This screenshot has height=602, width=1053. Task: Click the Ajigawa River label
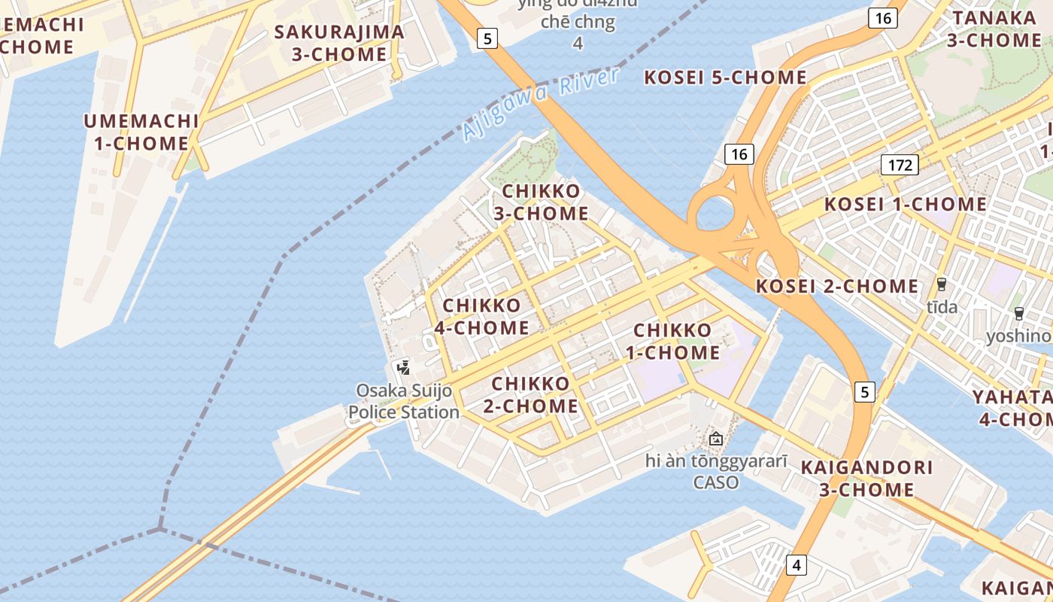pyautogui.click(x=541, y=104)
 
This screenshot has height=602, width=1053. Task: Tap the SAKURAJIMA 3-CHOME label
pyautogui.click(x=339, y=43)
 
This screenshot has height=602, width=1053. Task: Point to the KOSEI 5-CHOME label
pyautogui.click(x=726, y=78)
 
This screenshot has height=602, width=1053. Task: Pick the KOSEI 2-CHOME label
pyautogui.click(x=837, y=286)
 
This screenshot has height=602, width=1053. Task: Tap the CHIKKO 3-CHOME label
pyautogui.click(x=541, y=202)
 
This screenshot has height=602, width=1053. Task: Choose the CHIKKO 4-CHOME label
pyautogui.click(x=481, y=316)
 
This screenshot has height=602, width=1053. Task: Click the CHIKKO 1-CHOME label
pyautogui.click(x=672, y=341)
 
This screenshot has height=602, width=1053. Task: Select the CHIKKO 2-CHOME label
pyautogui.click(x=530, y=394)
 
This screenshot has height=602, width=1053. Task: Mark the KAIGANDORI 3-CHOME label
pyautogui.click(x=866, y=478)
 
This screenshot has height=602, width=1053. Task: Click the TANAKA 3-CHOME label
pyautogui.click(x=994, y=29)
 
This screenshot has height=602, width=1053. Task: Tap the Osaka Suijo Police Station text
pyautogui.click(x=404, y=401)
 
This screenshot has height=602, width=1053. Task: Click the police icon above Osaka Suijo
pyautogui.click(x=404, y=368)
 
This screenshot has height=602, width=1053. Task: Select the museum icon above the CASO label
pyautogui.click(x=715, y=438)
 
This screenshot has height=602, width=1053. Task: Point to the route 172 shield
pyautogui.click(x=900, y=165)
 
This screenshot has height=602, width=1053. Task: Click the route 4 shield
pyautogui.click(x=797, y=564)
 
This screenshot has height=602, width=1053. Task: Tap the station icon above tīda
pyautogui.click(x=941, y=284)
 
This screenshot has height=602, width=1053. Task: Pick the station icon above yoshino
pyautogui.click(x=1019, y=314)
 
